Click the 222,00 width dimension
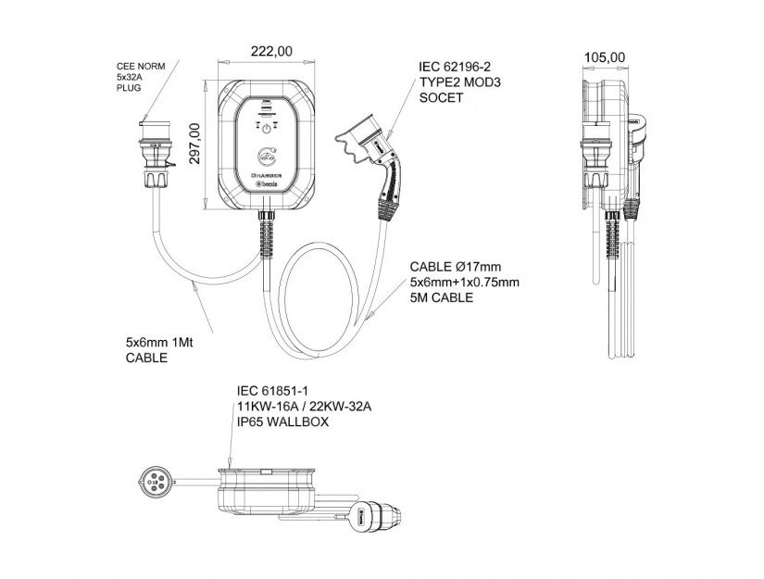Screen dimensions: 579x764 pyautogui.click(x=263, y=51)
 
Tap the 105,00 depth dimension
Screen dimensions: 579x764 pyautogui.click(x=605, y=57)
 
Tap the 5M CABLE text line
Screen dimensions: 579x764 pyautogui.click(x=441, y=297)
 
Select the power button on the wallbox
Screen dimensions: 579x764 pyautogui.click(x=266, y=128)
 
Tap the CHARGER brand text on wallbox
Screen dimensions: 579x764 pyautogui.click(x=266, y=174)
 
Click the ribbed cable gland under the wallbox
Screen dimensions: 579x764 pyautogui.click(x=266, y=231)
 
